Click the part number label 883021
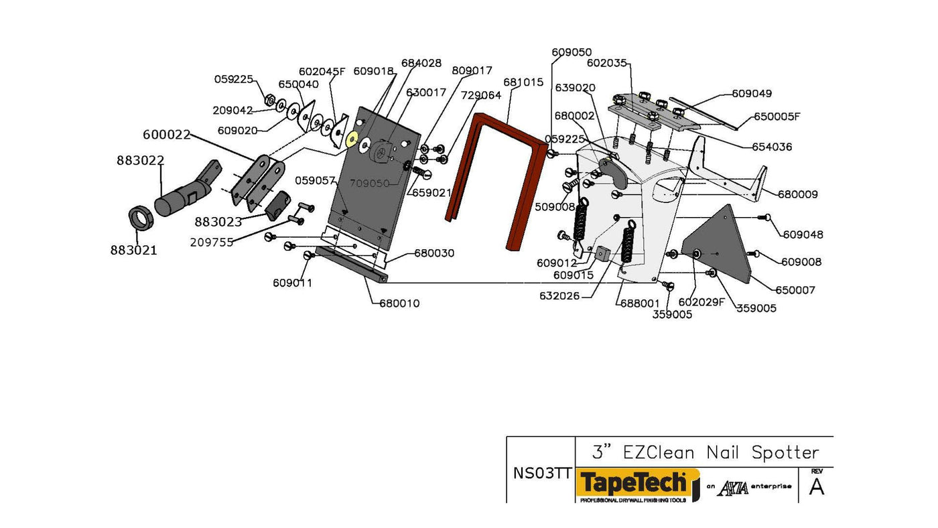pyautogui.click(x=134, y=251)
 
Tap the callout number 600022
pyautogui.click(x=167, y=135)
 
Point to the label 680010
pyautogui.click(x=399, y=304)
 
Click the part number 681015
pyautogui.click(x=523, y=82)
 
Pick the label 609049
pyautogui.click(x=752, y=94)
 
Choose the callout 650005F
pyautogui.click(x=777, y=116)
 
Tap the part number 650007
pyautogui.click(x=795, y=290)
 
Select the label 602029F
pyautogui.click(x=701, y=302)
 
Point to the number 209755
pyautogui.click(x=212, y=243)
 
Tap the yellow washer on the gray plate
pyautogui.click(x=350, y=139)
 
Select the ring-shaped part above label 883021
pyautogui.click(x=141, y=218)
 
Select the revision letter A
pyautogui.click(x=817, y=487)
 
